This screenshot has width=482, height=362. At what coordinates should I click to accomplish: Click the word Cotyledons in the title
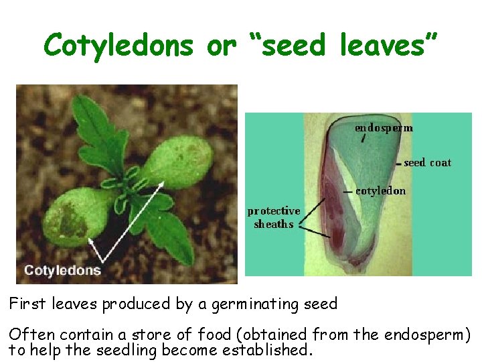pyautogui.click(x=119, y=46)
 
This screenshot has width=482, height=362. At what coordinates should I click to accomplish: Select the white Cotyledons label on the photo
pyautogui.click(x=62, y=271)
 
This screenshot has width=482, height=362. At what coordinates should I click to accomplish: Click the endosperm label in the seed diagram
pyautogui.click(x=384, y=127)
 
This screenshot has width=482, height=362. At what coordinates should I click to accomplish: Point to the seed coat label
pyautogui.click(x=428, y=162)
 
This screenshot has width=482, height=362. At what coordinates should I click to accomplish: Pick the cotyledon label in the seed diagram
pyautogui.click(x=380, y=190)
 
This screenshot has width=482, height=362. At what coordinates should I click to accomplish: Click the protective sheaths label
pyautogui.click(x=274, y=217)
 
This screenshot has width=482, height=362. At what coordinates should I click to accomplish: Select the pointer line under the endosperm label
pyautogui.click(x=363, y=139)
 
